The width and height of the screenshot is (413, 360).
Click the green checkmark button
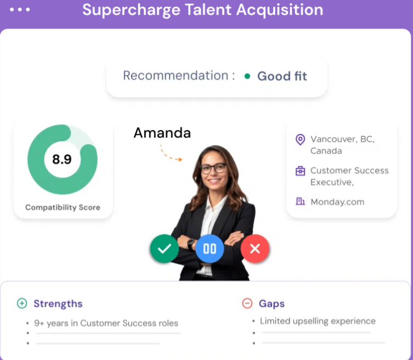[165, 248]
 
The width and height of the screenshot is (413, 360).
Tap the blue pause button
[210, 248]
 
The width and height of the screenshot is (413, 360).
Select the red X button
[255, 248]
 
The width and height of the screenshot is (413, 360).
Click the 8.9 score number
[62, 159]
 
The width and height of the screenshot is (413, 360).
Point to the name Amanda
[162, 133]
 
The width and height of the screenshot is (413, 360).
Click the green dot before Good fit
[247, 76]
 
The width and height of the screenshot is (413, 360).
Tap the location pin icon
[300, 140]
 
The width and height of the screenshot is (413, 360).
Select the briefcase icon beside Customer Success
[300, 171]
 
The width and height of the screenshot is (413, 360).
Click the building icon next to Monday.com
[300, 201]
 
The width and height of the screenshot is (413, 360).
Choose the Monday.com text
[337, 202]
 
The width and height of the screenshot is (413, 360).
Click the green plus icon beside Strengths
[22, 303]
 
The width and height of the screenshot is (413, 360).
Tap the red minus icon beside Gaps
[247, 303]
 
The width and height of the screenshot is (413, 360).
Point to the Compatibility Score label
[63, 207]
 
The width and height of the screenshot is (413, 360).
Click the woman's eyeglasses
[213, 168]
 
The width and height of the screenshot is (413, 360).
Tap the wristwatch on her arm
[191, 244]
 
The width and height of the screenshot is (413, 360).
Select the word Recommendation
[176, 76]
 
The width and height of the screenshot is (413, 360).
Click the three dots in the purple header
[20, 10]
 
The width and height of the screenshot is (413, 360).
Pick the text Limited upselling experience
[318, 321]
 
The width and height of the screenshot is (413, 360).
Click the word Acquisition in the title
[280, 10]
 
